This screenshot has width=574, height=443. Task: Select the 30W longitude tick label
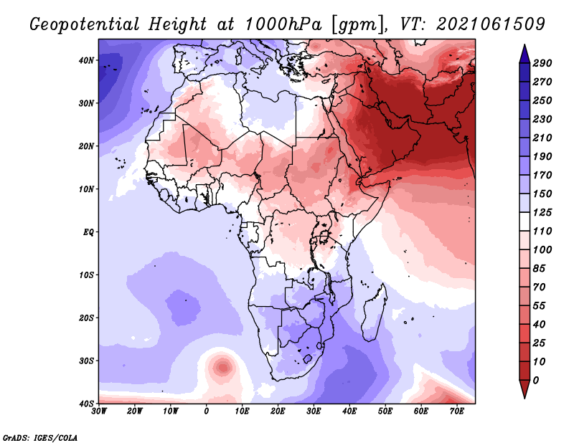99,411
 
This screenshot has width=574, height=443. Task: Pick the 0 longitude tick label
207,411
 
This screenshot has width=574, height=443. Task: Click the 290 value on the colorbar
542,63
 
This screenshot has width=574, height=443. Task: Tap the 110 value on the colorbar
542,232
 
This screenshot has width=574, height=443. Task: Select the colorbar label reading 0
536,379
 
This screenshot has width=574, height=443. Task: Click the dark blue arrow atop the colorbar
524,52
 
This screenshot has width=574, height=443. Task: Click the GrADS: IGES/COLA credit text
40,437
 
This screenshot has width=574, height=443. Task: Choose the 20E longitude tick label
278,411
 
